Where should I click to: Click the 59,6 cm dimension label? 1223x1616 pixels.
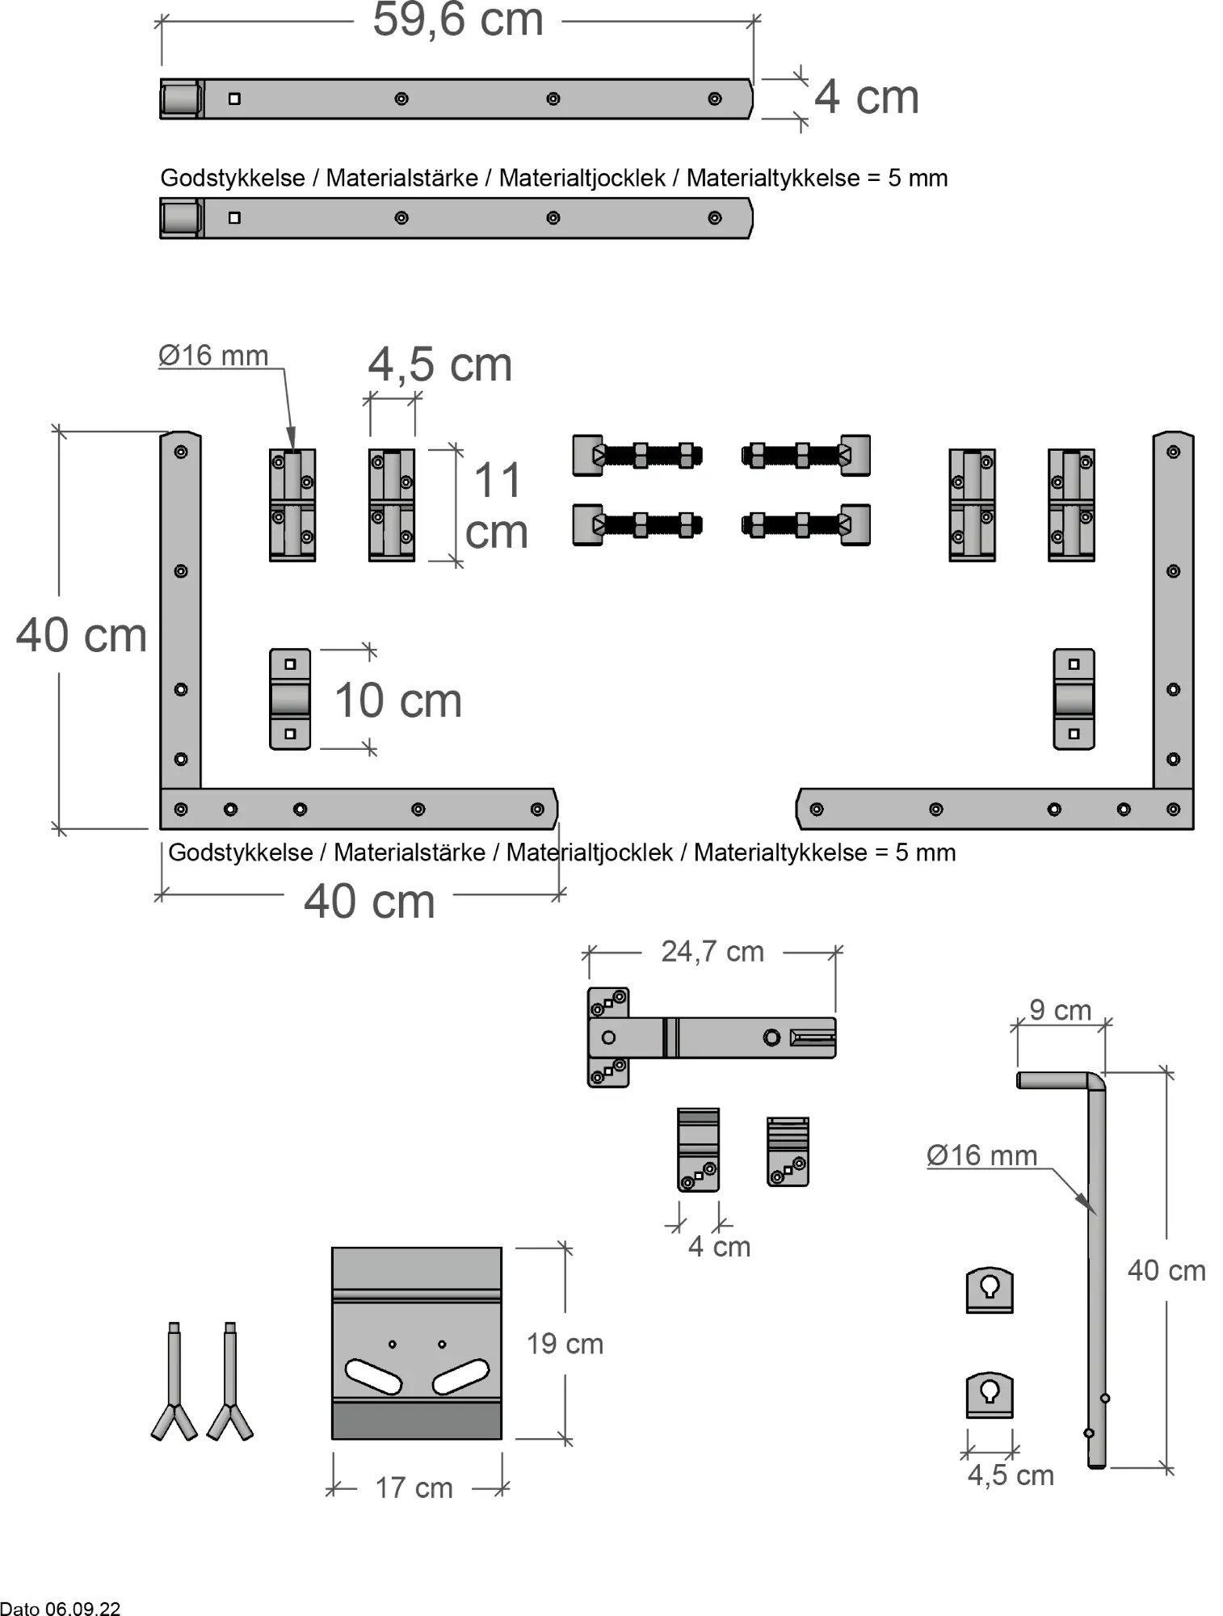point(457,20)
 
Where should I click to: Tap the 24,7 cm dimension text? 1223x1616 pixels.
point(712,952)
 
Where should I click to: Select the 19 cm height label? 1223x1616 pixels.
point(565,1344)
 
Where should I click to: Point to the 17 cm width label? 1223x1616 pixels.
point(414,1488)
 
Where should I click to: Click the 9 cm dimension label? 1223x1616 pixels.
point(1060,1010)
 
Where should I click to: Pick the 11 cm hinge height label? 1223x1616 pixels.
point(496,506)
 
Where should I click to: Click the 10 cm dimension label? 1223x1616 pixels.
point(397,701)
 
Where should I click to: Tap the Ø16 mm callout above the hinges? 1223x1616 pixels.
point(213,356)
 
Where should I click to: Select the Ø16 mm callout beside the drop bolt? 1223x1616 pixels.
point(981,1155)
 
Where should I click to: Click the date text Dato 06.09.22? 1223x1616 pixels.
point(61,1608)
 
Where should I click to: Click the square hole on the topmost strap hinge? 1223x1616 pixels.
point(234,99)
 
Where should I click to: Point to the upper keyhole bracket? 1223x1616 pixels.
point(990,1289)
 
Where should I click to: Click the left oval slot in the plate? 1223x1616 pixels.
point(373,1376)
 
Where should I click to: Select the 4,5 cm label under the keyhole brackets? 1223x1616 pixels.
point(1011,1475)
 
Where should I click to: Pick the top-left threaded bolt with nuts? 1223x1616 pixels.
point(638,456)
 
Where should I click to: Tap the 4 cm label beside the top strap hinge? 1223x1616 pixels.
point(866,97)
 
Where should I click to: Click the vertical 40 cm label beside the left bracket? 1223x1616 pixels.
point(81,635)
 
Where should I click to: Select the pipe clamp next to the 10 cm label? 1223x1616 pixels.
point(290,699)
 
